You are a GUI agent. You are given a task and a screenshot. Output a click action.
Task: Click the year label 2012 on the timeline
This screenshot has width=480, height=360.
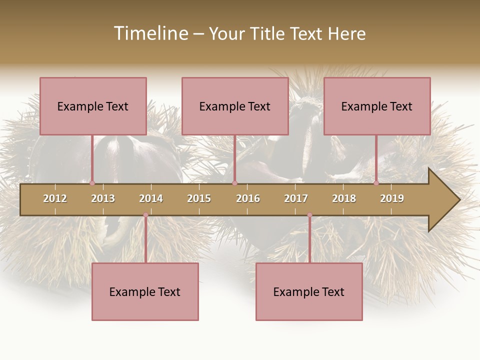55,198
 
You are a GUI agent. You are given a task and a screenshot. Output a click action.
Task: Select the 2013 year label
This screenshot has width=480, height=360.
103,198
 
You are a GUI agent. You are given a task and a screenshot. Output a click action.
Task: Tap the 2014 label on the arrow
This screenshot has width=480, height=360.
151,198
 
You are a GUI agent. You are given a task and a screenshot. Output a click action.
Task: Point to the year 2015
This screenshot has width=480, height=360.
199,198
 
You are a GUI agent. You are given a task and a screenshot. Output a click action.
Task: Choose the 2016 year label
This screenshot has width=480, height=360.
248,198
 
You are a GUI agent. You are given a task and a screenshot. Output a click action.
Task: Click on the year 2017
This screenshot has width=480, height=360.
296,198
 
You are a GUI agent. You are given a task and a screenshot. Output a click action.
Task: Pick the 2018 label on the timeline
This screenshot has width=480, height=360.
344,198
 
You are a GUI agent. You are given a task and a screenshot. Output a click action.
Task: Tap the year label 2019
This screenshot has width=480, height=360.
392,198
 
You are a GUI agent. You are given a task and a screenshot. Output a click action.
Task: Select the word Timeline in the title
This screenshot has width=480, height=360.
149,33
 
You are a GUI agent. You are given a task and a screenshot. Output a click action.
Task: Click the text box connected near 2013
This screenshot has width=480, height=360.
93,106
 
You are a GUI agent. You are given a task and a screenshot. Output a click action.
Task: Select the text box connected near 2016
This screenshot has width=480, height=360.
235,106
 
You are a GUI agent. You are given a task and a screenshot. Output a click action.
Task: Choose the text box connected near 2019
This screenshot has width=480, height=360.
377,106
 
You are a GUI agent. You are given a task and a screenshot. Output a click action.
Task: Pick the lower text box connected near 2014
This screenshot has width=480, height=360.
145,291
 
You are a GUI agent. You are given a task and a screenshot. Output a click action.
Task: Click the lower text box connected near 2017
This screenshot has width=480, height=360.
309,291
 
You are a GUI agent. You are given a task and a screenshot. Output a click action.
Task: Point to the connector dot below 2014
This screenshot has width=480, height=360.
145,215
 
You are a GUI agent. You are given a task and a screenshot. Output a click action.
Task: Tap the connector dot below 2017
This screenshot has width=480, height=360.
309,215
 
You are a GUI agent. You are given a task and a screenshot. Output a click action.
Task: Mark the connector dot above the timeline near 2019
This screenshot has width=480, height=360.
376,183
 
